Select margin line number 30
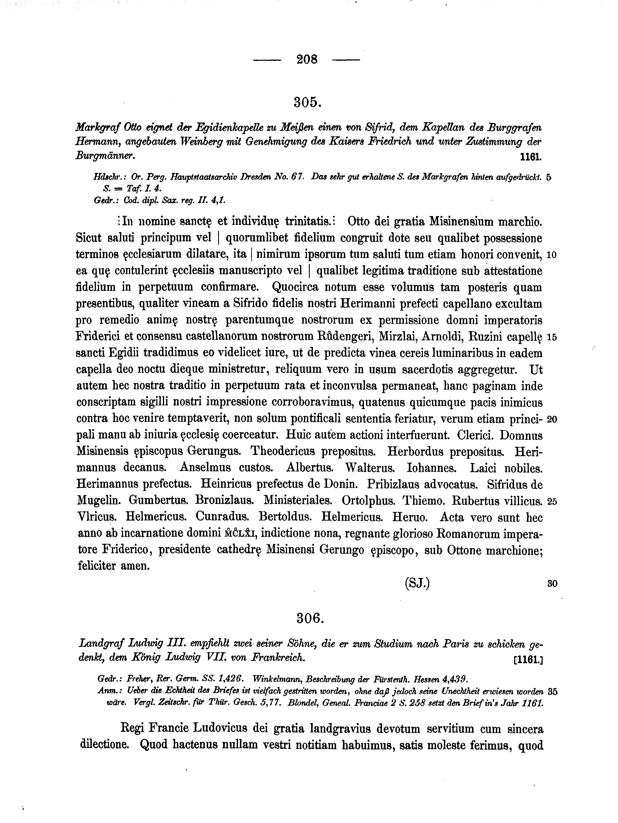point(552,584)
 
